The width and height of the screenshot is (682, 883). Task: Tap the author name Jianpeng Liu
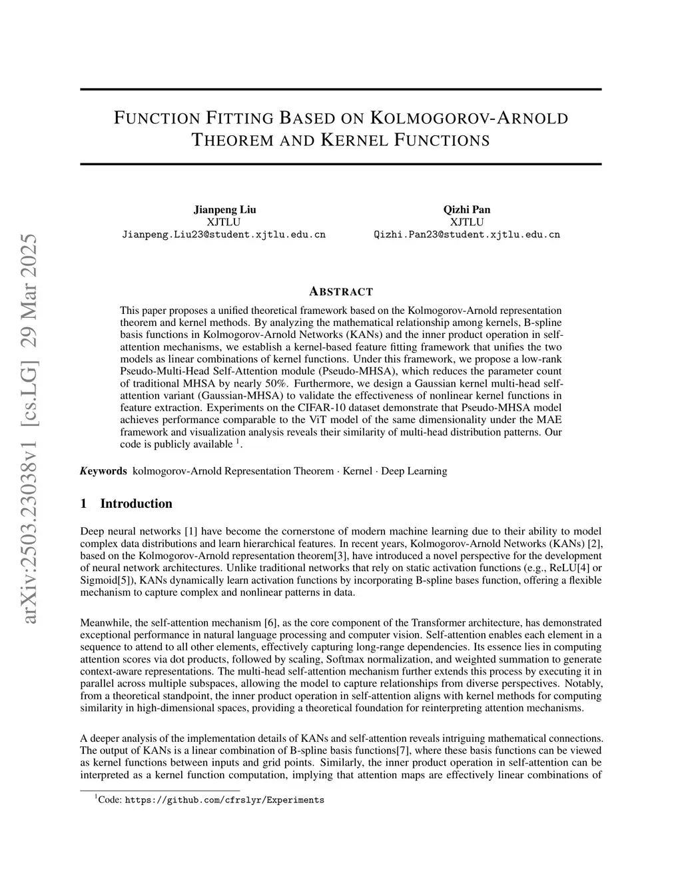224,209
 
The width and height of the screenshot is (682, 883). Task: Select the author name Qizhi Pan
466,209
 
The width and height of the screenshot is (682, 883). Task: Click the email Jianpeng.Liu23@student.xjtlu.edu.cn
224,235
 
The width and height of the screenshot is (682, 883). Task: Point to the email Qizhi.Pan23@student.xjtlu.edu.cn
467,235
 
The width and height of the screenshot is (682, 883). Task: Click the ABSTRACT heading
341,291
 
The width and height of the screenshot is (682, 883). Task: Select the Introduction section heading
136,504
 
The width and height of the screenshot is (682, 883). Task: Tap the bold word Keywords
103,471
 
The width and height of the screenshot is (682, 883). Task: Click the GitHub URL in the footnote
224,800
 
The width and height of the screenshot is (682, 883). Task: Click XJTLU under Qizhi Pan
466,222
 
